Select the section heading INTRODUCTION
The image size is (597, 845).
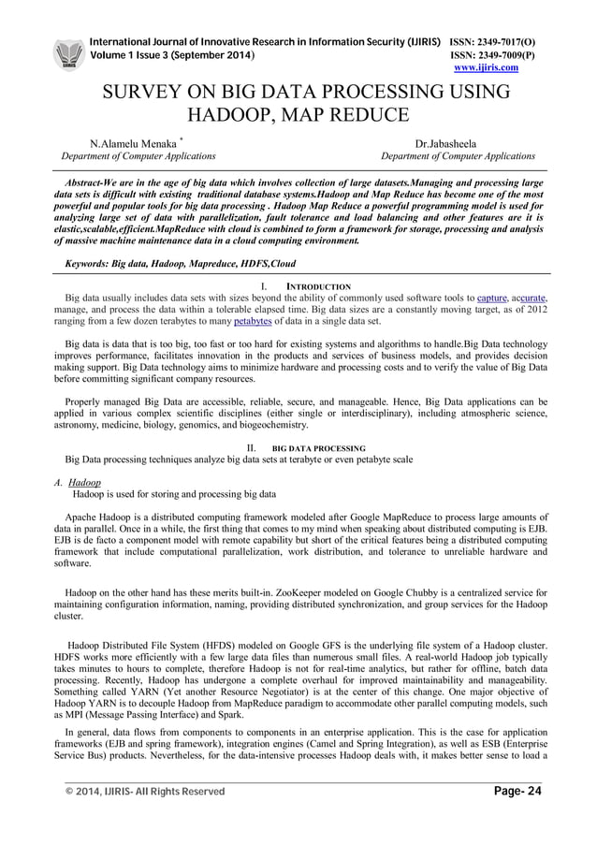click(317, 286)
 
